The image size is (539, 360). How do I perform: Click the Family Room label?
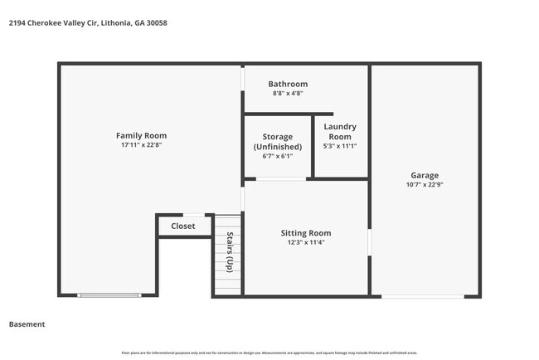pyautogui.click(x=141, y=135)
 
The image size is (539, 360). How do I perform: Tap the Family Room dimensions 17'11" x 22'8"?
pyautogui.click(x=141, y=145)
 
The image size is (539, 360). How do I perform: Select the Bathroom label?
pyautogui.click(x=288, y=84)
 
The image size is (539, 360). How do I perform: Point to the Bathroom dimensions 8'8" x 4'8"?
pyautogui.click(x=288, y=94)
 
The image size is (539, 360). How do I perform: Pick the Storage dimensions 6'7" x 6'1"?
pyautogui.click(x=277, y=156)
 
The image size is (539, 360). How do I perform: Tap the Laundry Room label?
pyautogui.click(x=340, y=131)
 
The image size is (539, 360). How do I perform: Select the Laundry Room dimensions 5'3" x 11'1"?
pyautogui.click(x=340, y=146)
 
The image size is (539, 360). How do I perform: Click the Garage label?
pyautogui.click(x=425, y=175)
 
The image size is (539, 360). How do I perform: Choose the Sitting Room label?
pyautogui.click(x=306, y=233)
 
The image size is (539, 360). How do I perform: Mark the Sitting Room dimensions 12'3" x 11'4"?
pyautogui.click(x=306, y=243)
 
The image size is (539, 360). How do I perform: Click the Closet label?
pyautogui.click(x=183, y=226)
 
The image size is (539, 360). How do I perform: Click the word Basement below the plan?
pyautogui.click(x=27, y=324)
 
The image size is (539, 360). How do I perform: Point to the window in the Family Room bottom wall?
pyautogui.click(x=103, y=295)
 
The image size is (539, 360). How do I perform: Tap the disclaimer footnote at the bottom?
pyautogui.click(x=269, y=353)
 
